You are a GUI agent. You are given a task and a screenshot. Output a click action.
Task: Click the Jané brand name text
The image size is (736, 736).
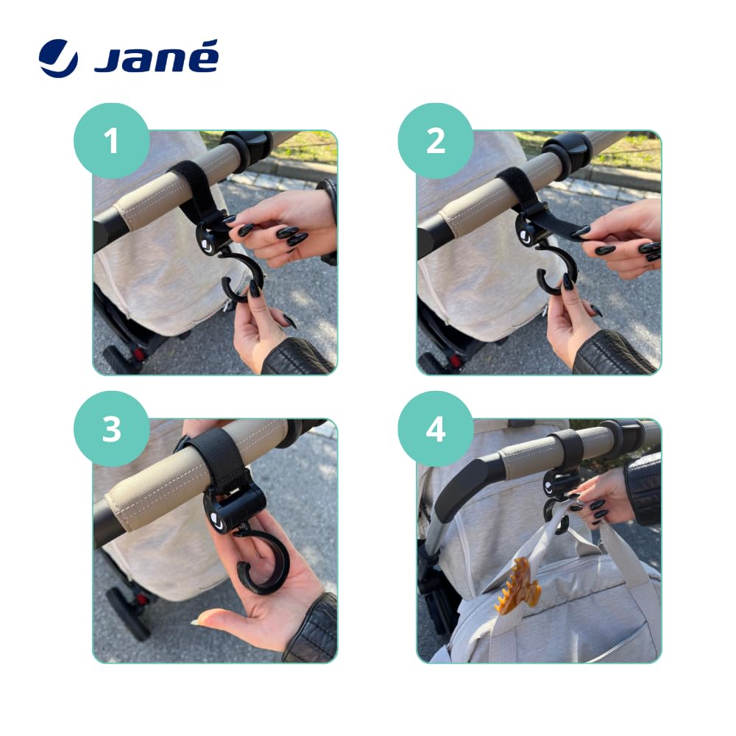click(x=156, y=57)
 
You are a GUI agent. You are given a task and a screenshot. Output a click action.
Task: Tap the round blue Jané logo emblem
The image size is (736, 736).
click(x=58, y=58)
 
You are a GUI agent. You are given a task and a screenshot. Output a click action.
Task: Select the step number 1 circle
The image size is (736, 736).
click(x=112, y=141)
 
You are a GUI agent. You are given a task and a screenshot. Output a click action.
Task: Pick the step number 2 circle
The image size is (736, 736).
click(x=436, y=141)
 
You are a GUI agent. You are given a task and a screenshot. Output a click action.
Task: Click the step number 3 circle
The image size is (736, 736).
click(x=112, y=428)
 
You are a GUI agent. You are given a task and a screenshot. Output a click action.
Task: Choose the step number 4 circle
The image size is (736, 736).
click(x=436, y=428)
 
